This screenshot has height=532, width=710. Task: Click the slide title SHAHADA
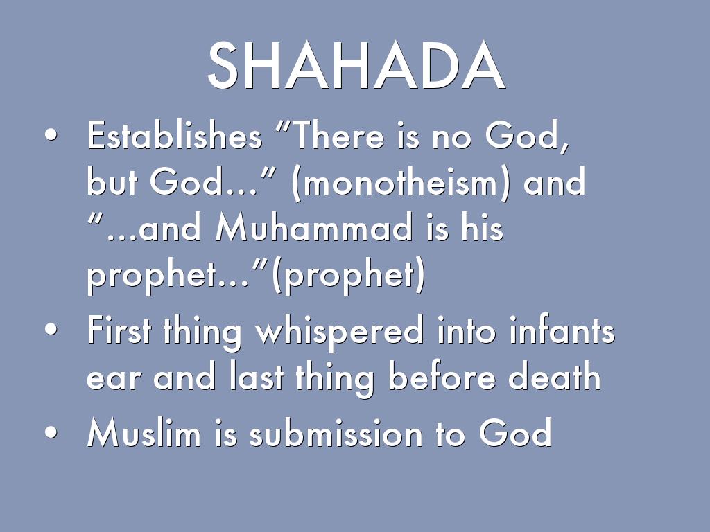point(355,66)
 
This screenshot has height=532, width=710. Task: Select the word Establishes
point(174,136)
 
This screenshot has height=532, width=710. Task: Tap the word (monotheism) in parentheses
point(401,184)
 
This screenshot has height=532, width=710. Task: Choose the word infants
point(562,331)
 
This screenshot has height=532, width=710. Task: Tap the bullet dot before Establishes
point(50,136)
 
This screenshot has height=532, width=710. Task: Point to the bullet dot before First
point(50,332)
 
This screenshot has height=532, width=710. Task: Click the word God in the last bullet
point(514,434)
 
